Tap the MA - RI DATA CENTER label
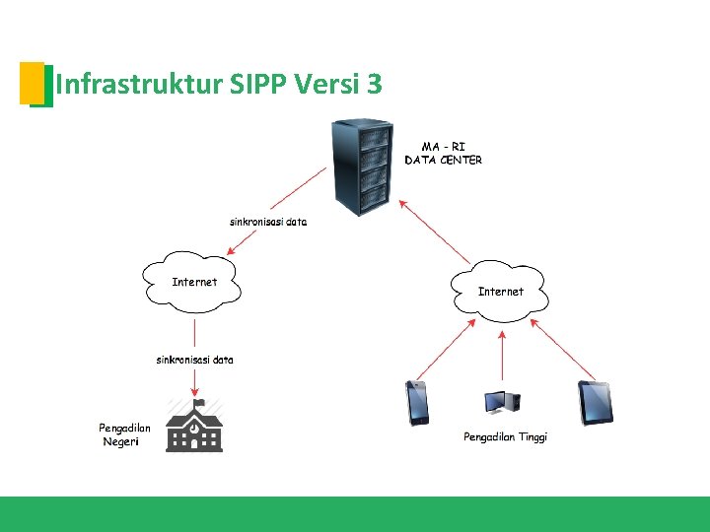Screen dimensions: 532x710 443,153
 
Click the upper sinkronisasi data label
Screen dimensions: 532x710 268,222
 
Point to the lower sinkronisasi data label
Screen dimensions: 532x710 195,360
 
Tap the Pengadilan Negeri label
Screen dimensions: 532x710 124,434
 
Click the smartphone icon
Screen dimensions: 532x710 418,402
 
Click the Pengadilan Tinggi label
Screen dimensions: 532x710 505,436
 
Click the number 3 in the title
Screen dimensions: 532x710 373,85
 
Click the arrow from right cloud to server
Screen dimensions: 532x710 435,233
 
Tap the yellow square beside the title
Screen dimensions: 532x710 32,82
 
